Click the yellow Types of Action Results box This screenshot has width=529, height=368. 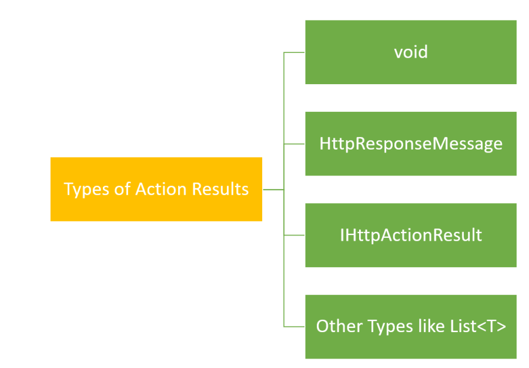[156, 189]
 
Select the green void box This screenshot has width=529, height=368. [411, 52]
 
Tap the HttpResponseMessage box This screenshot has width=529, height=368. [411, 144]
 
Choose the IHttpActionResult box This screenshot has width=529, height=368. [411, 236]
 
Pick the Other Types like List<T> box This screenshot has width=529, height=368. [411, 327]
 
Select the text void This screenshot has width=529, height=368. [411, 52]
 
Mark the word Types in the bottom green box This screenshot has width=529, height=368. [390, 327]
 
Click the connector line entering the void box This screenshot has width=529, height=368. [294, 52]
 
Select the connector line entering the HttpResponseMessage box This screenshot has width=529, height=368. [294, 144]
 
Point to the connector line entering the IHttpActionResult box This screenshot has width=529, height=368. [294, 236]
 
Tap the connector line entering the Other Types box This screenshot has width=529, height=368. [294, 327]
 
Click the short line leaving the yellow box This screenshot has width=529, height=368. [273, 190]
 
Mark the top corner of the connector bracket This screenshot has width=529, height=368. [284, 52]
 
